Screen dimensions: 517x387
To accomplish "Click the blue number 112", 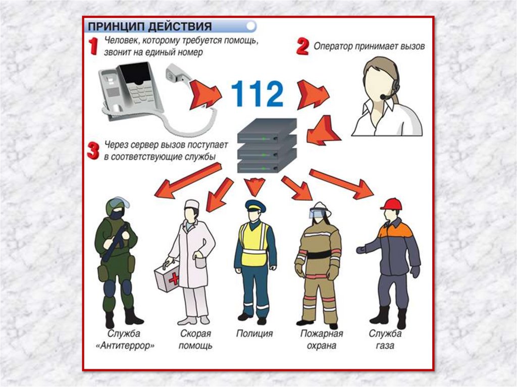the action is pos(257,94).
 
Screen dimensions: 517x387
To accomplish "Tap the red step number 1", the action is pos(93,46).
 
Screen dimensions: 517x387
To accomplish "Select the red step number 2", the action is pos(303,46).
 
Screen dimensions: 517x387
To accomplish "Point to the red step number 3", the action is pos(93,151).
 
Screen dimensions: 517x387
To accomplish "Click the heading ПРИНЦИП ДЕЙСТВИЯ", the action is pos(150,26).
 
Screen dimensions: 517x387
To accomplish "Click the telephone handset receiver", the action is pos(178,74).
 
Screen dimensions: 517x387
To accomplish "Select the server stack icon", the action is pos(267,146).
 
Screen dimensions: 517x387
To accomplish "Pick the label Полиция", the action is pos(254,334).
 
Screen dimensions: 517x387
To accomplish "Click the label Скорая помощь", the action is pos(195,340).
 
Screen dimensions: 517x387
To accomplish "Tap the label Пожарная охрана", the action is pos(322,340).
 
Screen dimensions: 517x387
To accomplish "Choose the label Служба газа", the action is pos(385,340).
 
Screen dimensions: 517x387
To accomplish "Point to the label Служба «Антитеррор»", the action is pos(125,340).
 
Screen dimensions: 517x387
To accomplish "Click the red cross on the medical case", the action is pos(174,280).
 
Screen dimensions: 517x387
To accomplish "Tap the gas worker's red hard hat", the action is pos(391,204).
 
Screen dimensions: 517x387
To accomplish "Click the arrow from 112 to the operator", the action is pos(313,94).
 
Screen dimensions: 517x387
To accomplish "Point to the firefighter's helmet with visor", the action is pos(318,210).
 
